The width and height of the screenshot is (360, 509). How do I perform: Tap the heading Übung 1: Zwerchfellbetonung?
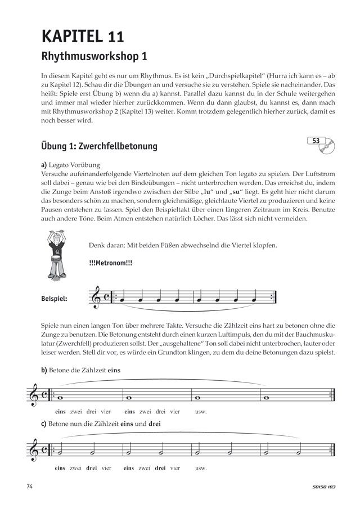pos(99,146)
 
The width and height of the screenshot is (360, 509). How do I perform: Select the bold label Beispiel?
pos(58,299)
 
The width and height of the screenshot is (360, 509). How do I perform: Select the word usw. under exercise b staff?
pos(200,412)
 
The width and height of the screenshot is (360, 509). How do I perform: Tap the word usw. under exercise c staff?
pos(200,468)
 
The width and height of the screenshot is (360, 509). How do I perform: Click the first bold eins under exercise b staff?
pos(61,412)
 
